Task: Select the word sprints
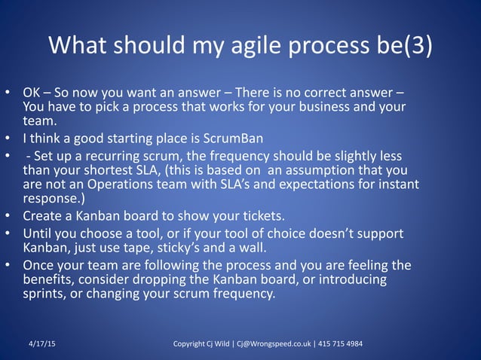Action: [47, 294]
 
